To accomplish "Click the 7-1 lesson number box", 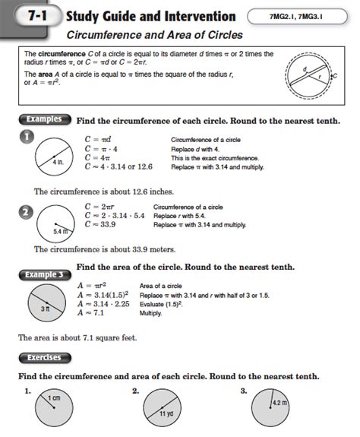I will (34, 17).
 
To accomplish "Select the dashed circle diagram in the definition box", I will (311, 77).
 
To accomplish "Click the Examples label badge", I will (44, 121).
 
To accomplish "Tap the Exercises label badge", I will (44, 356).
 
